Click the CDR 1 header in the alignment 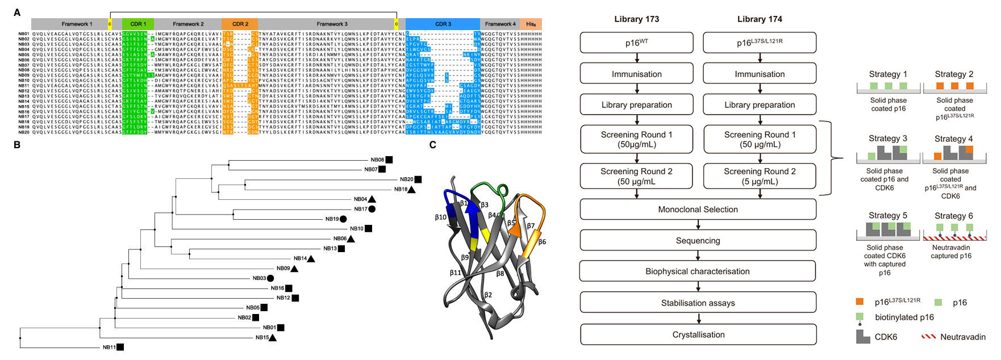tap(138, 24)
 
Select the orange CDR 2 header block tap(240, 24)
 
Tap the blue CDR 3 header tap(443, 24)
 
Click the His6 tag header tap(531, 24)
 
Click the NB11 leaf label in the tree tap(109, 347)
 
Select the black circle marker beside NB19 tap(343, 219)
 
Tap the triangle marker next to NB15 tap(273, 337)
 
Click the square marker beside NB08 tap(389, 160)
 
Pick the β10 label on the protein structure tap(440, 217)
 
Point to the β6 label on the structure tap(542, 242)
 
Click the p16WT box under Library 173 tap(636, 43)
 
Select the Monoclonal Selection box tap(698, 210)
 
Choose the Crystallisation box tap(698, 334)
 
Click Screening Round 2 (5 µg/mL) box tap(760, 177)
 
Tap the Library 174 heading tap(760, 19)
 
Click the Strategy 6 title tap(954, 216)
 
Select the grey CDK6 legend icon tap(863, 337)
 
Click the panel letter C tap(433, 145)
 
